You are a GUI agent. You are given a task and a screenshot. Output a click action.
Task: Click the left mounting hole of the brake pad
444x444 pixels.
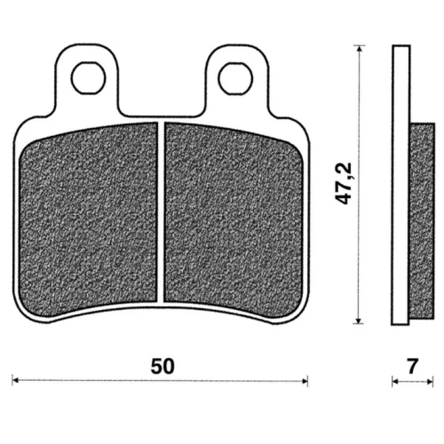[x=89, y=78]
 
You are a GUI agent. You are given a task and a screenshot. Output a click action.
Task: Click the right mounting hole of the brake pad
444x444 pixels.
[x=235, y=78]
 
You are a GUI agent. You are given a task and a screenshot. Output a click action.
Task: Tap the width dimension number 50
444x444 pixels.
[x=163, y=366]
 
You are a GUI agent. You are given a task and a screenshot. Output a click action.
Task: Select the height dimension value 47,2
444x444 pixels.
[x=344, y=184]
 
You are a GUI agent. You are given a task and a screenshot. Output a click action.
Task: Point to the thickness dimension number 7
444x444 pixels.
[x=412, y=366]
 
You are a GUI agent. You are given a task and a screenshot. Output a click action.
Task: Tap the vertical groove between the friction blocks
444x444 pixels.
[x=161, y=211]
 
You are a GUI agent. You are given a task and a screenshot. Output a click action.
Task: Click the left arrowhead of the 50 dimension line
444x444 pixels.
[x=15, y=380]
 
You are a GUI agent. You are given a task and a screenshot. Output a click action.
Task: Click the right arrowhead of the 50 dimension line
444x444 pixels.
[x=305, y=381]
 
